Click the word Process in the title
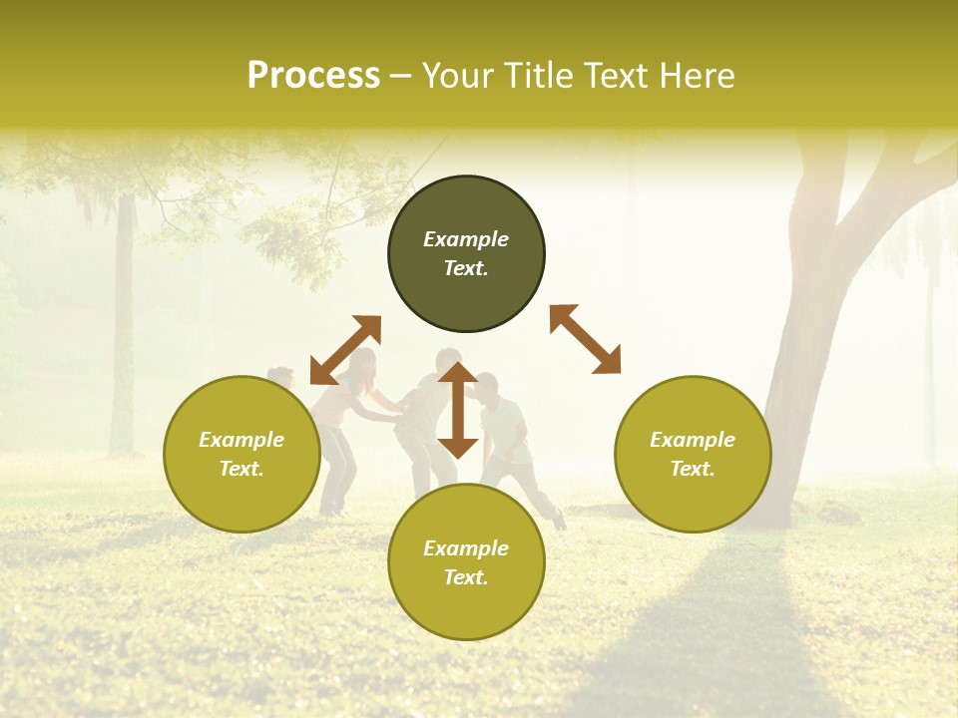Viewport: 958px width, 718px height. (x=313, y=76)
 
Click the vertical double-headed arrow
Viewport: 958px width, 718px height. (x=458, y=410)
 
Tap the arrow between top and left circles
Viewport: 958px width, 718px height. (x=345, y=349)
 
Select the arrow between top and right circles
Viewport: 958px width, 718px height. (x=585, y=339)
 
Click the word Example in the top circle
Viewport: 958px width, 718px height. (x=466, y=239)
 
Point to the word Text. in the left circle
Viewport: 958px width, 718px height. (x=241, y=469)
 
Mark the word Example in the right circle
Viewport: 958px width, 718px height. (x=693, y=440)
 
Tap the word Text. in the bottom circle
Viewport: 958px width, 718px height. (x=466, y=577)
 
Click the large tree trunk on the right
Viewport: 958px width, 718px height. (x=798, y=379)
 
